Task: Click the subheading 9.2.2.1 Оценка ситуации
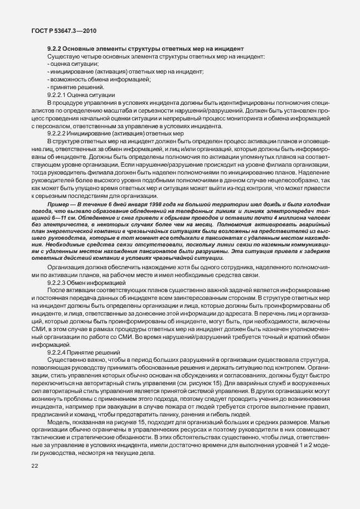coord(81,95)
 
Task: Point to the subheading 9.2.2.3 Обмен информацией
coord(84,283)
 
